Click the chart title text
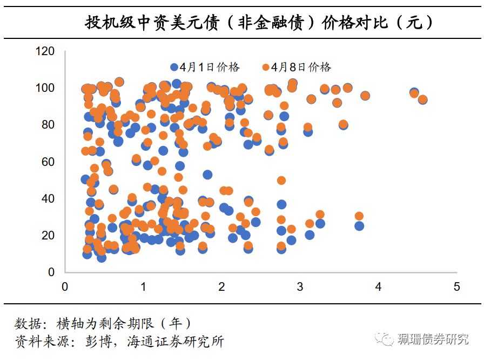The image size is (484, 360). [x=259, y=22]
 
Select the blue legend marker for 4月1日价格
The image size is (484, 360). [x=174, y=68]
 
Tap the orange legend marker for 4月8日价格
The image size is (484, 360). [x=265, y=68]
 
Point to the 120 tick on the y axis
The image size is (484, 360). [x=45, y=51]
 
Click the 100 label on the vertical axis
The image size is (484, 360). [x=45, y=88]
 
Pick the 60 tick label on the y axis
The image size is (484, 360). [x=48, y=162]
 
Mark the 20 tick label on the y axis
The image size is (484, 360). [x=48, y=235]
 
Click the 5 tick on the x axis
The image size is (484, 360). [x=457, y=286]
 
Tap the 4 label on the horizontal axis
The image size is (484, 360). [x=379, y=286]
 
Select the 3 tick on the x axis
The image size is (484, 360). [x=300, y=286]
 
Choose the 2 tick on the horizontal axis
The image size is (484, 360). [x=222, y=286]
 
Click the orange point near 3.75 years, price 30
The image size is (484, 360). [x=359, y=216]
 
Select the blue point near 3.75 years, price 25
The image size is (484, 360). [x=359, y=226]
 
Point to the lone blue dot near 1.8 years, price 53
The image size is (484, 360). [x=207, y=175]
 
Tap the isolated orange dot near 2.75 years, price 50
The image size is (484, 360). [x=281, y=181]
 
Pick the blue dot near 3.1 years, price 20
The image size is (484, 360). [x=310, y=235]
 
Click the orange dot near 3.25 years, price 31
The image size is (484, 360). [x=320, y=215]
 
